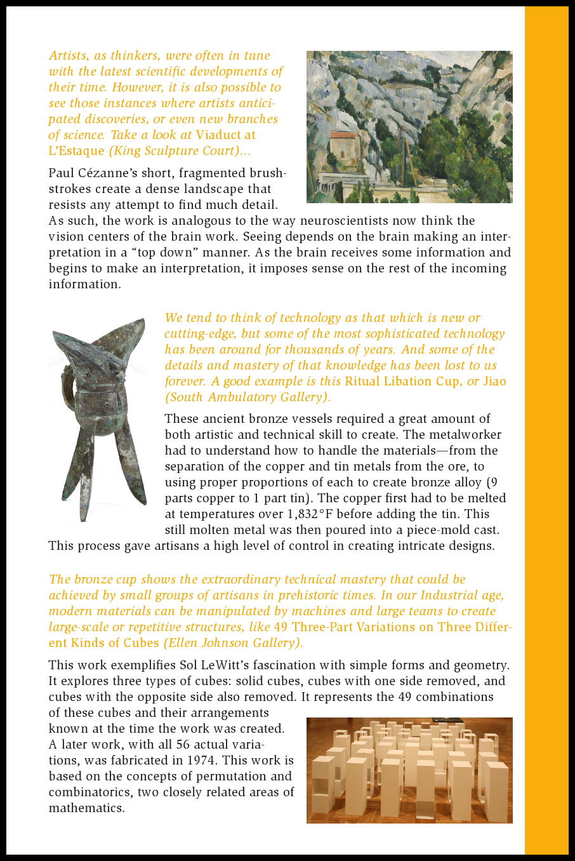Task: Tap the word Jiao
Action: (494, 382)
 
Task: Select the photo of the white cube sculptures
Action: (409, 770)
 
